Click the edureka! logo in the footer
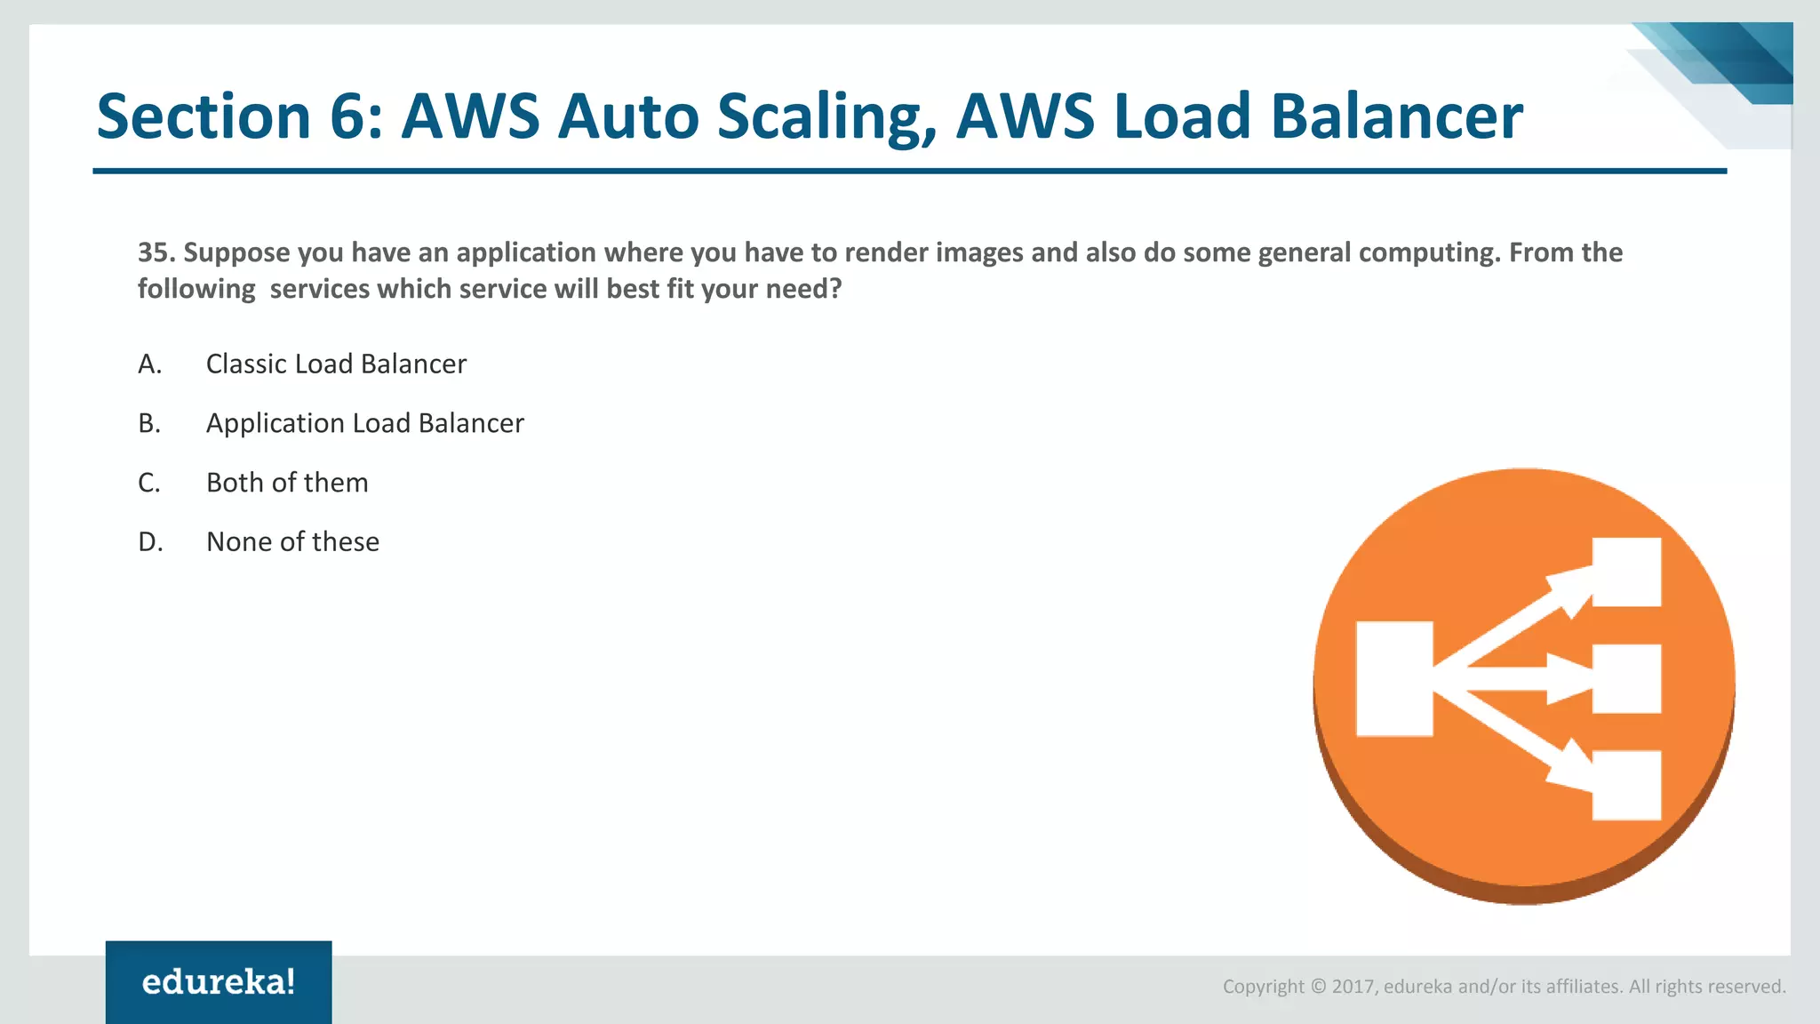tap(219, 981)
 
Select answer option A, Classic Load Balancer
tap(336, 364)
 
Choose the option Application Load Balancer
tap(364, 423)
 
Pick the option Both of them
tap(287, 483)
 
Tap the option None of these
tap(292, 541)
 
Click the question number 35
tap(155, 252)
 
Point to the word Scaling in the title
tap(826, 116)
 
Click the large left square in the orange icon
tap(1393, 679)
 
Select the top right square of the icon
tap(1626, 572)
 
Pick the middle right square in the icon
tap(1626, 679)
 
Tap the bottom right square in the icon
tap(1626, 785)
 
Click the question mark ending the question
tap(834, 289)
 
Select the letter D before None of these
tap(150, 541)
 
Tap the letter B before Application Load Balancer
tap(149, 423)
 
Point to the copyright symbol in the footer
tap(1318, 987)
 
